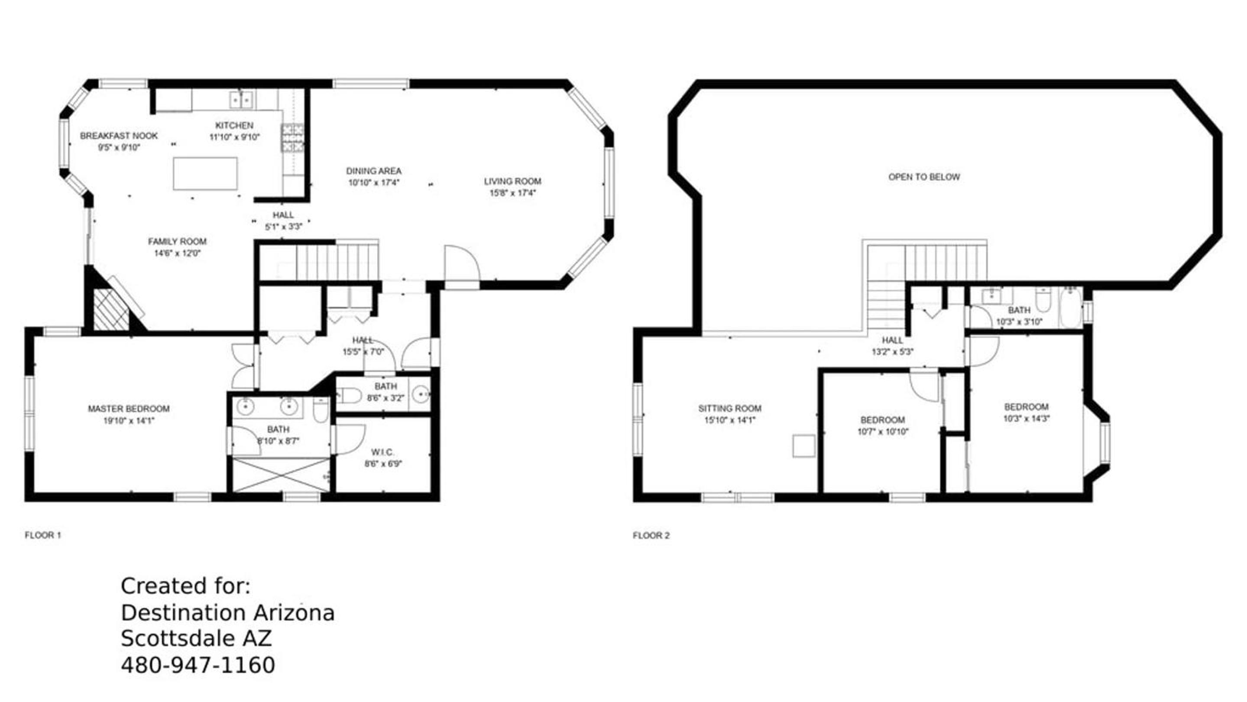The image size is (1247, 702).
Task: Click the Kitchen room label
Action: coord(234,125)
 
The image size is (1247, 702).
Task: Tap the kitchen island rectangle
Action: coord(205,173)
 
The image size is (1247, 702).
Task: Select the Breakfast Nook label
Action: coord(119,136)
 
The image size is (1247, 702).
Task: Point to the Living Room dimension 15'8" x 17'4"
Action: coord(513,193)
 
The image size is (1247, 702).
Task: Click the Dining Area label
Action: coord(374,171)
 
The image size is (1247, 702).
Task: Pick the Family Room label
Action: coord(177,242)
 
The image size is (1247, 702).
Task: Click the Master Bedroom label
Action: coord(129,409)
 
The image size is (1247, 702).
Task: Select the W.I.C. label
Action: coord(383,452)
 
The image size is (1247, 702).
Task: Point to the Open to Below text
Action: coord(924,177)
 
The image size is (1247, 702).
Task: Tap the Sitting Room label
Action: coord(729,409)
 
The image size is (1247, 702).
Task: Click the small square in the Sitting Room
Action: coord(803,446)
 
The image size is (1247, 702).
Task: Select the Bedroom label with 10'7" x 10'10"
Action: coord(882,420)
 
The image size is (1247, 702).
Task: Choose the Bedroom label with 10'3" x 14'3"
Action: coord(1026,407)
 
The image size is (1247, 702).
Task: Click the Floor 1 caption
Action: coord(43,535)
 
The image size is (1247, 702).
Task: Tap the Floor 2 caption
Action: coord(651,535)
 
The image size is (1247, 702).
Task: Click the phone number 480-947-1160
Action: coord(198,665)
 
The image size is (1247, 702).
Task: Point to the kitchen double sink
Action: coord(242,100)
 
